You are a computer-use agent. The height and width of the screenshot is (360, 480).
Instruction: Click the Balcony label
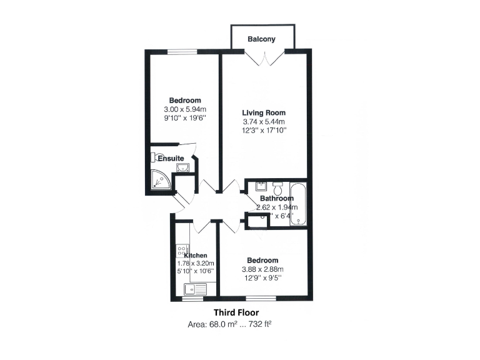pyautogui.click(x=261, y=39)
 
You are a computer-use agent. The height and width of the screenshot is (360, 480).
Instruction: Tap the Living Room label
pyautogui.click(x=264, y=112)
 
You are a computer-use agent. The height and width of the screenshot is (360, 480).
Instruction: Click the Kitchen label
pyautogui.click(x=195, y=255)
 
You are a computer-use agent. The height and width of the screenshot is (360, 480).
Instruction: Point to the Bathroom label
pyautogui.click(x=276, y=199)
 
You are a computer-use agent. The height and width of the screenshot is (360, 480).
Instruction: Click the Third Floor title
pyautogui.click(x=236, y=312)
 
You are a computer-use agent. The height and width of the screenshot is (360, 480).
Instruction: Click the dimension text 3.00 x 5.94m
pyautogui.click(x=185, y=109)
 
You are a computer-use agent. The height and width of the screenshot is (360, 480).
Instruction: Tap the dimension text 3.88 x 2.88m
pyautogui.click(x=262, y=269)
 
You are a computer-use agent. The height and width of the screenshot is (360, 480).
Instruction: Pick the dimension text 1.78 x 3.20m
pyautogui.click(x=196, y=263)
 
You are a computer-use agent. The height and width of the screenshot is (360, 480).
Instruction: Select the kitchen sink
pyautogui.click(x=194, y=289)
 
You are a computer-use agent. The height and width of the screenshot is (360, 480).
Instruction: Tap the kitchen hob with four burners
pyautogui.click(x=182, y=251)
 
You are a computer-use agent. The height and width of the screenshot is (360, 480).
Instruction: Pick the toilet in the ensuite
pyautogui.click(x=157, y=157)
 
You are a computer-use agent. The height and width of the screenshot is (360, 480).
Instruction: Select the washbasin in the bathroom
pyautogui.click(x=261, y=186)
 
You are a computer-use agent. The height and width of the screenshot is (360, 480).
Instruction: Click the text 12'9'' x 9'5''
pyautogui.click(x=262, y=278)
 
